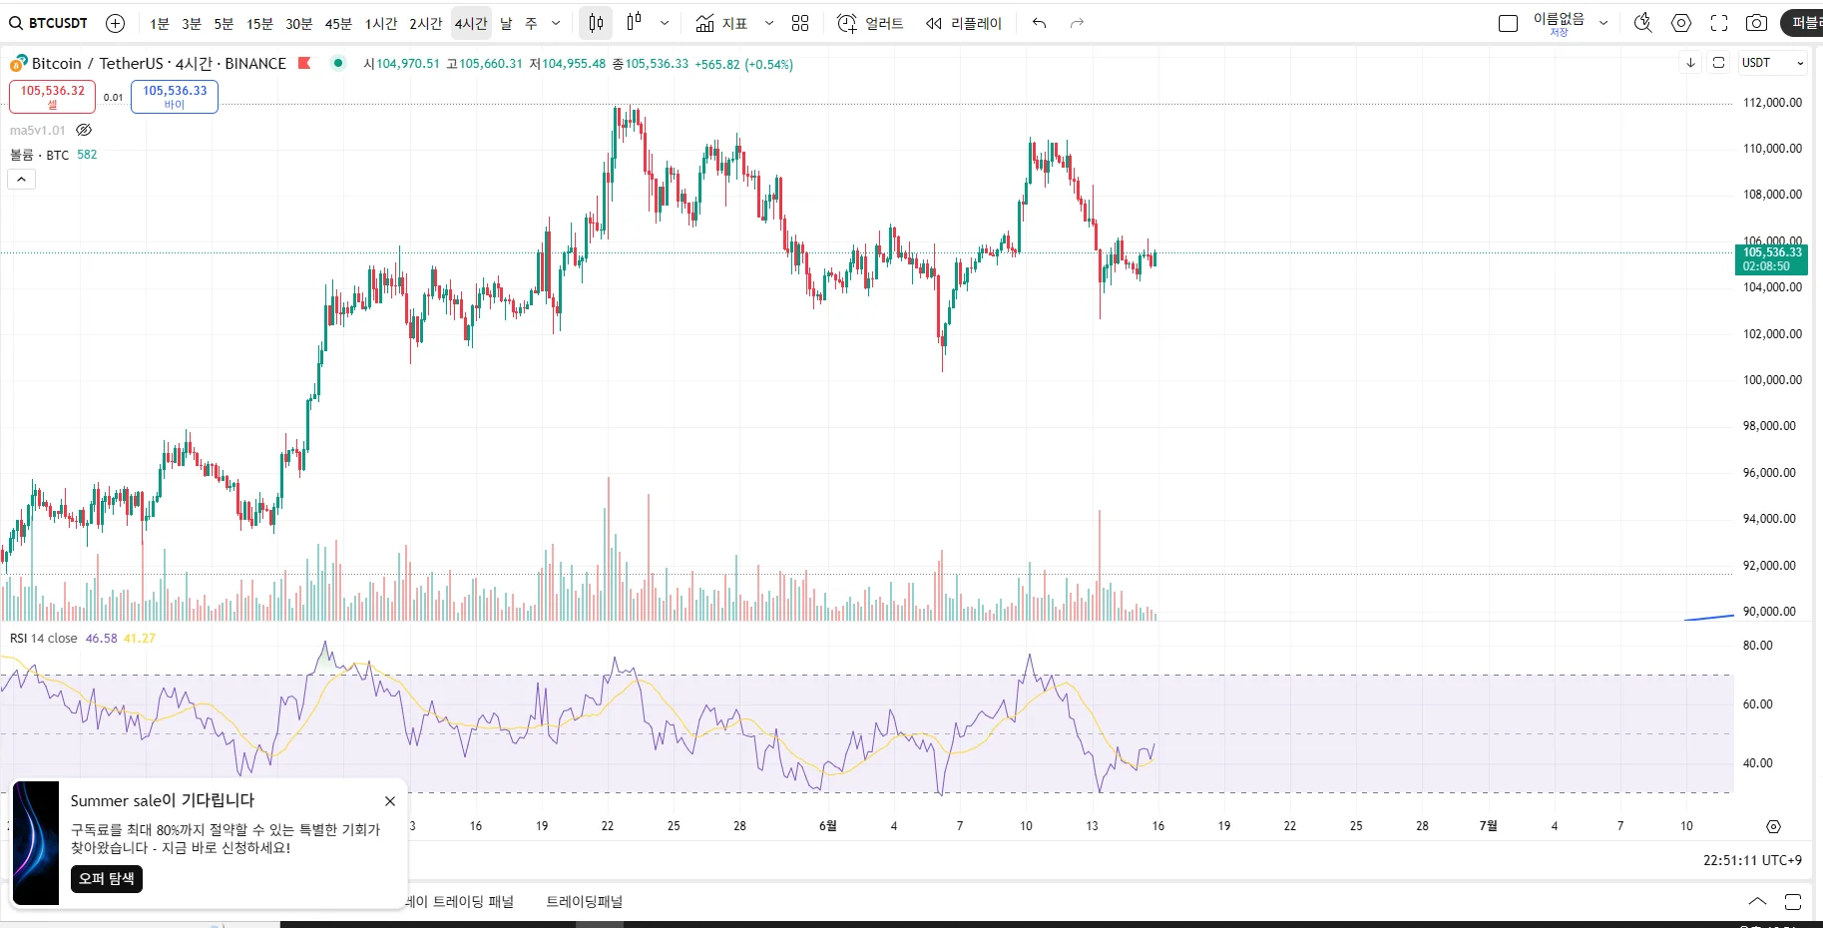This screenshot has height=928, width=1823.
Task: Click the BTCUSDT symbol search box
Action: click(x=50, y=23)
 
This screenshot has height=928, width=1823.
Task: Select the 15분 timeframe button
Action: click(x=259, y=23)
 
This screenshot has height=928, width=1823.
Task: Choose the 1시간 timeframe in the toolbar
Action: click(x=381, y=23)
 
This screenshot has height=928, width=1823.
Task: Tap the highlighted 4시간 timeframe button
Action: click(x=471, y=23)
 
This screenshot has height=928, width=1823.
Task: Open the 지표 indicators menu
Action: click(x=722, y=23)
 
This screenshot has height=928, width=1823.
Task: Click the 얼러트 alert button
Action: click(x=870, y=23)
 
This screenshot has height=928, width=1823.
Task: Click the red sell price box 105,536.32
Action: click(x=53, y=96)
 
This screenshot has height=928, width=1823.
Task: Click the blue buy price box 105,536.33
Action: click(x=175, y=96)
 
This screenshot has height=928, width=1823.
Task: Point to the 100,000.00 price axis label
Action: click(x=1772, y=380)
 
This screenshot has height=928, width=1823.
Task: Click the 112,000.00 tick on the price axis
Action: click(x=1772, y=103)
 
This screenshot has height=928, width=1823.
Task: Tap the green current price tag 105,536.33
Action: click(x=1772, y=259)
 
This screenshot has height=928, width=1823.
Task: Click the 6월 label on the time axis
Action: click(x=827, y=826)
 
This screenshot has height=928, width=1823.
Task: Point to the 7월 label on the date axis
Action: click(x=1488, y=826)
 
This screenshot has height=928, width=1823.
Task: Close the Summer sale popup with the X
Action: click(x=390, y=801)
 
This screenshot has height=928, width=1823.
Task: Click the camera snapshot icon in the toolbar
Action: click(x=1756, y=23)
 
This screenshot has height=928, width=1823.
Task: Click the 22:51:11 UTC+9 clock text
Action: click(x=1752, y=860)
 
